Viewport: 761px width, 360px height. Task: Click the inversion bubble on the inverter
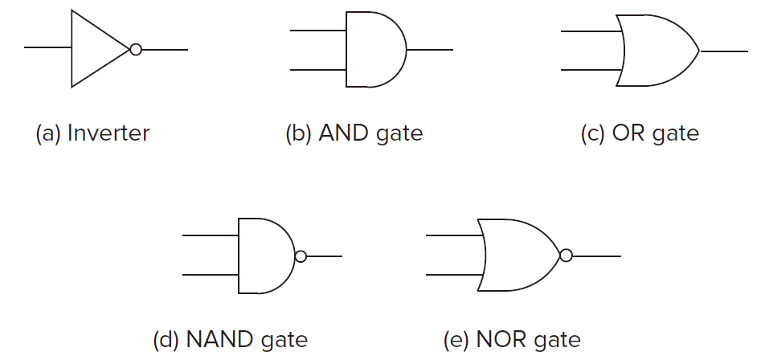[136, 50]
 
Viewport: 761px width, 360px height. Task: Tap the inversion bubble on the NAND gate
[301, 256]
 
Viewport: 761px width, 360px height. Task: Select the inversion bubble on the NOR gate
[566, 256]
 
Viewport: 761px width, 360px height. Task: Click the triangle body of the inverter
[100, 48]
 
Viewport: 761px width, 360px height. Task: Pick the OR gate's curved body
[657, 51]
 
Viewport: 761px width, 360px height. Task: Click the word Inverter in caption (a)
[108, 133]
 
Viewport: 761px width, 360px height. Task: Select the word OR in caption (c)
[629, 133]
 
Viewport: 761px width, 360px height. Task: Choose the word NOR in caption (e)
[501, 340]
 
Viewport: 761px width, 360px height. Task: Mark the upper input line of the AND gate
[318, 31]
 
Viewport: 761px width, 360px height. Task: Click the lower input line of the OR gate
[591, 70]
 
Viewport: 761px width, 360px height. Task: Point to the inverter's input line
[47, 47]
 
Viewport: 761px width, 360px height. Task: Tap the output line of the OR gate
[723, 51]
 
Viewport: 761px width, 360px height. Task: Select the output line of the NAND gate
[324, 256]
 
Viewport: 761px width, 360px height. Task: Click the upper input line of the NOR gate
[455, 235]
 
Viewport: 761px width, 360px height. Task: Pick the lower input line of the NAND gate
[211, 275]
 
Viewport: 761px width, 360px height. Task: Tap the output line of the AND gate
[430, 50]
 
